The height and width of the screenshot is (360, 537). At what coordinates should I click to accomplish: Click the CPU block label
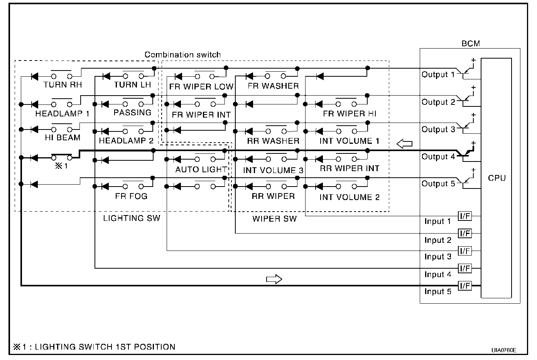(496, 178)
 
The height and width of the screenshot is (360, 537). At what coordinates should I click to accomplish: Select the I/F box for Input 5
(465, 286)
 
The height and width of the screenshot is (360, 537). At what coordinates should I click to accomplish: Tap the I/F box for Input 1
(465, 216)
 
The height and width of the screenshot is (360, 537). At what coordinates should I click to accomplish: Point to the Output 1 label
(438, 74)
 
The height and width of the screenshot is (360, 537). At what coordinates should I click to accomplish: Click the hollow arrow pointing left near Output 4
(404, 144)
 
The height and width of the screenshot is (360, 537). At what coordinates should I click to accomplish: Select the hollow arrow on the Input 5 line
(274, 279)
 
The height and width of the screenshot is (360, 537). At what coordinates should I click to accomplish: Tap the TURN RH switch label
(62, 85)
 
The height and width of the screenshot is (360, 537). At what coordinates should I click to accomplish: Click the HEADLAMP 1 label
(62, 114)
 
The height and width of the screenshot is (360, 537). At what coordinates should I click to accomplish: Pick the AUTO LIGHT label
(201, 170)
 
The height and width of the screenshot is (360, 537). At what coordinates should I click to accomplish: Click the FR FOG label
(131, 196)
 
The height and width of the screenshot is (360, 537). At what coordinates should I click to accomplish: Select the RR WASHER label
(273, 141)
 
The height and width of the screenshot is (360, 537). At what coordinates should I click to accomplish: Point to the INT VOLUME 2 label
(349, 197)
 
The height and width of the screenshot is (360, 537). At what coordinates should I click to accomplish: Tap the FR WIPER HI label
(350, 114)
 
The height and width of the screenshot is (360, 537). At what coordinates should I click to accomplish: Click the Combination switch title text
(182, 55)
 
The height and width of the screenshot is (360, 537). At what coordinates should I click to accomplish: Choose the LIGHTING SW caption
(132, 219)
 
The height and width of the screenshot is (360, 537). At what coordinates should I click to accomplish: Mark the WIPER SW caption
(274, 219)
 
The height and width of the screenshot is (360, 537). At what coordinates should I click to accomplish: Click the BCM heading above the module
(471, 44)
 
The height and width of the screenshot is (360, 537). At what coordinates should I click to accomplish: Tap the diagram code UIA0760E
(504, 350)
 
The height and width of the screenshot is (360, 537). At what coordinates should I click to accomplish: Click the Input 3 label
(437, 257)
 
